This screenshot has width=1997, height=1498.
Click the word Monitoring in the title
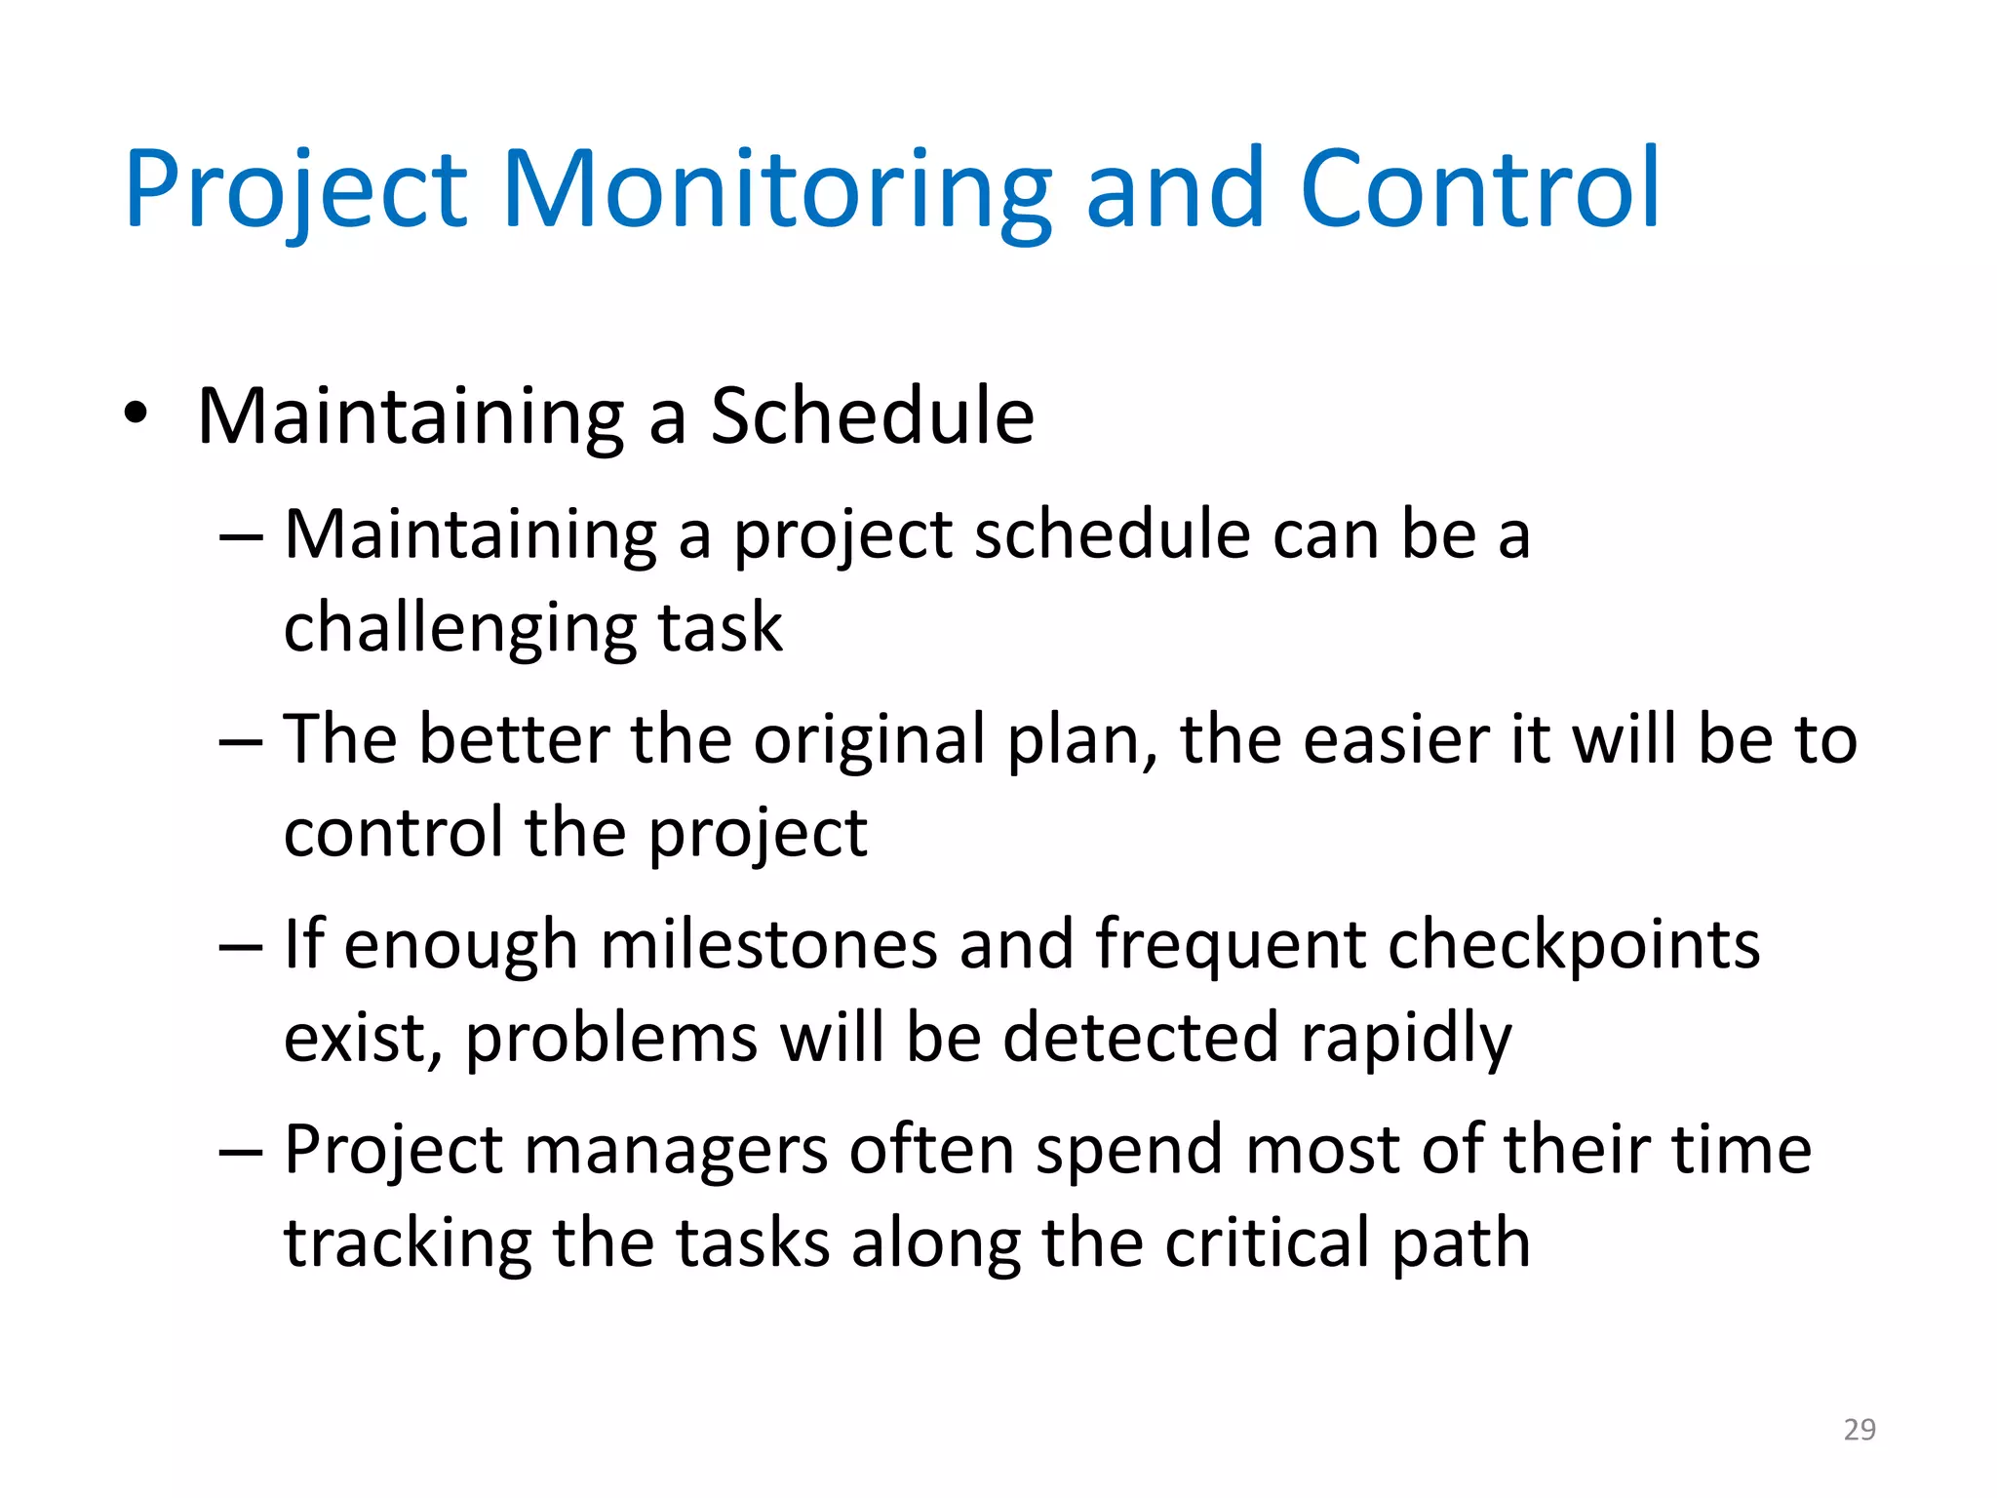pos(775,190)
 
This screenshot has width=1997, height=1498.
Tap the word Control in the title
pos(1479,190)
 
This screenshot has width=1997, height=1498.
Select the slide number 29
pos(1860,1429)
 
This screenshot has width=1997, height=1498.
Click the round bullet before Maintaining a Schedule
pos(137,414)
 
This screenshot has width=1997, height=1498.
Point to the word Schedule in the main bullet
pos(872,416)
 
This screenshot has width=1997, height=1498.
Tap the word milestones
pos(768,945)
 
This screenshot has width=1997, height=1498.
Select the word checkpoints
pos(1573,945)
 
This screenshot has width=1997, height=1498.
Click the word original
pos(869,739)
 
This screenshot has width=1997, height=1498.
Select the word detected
pos(1140,1037)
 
